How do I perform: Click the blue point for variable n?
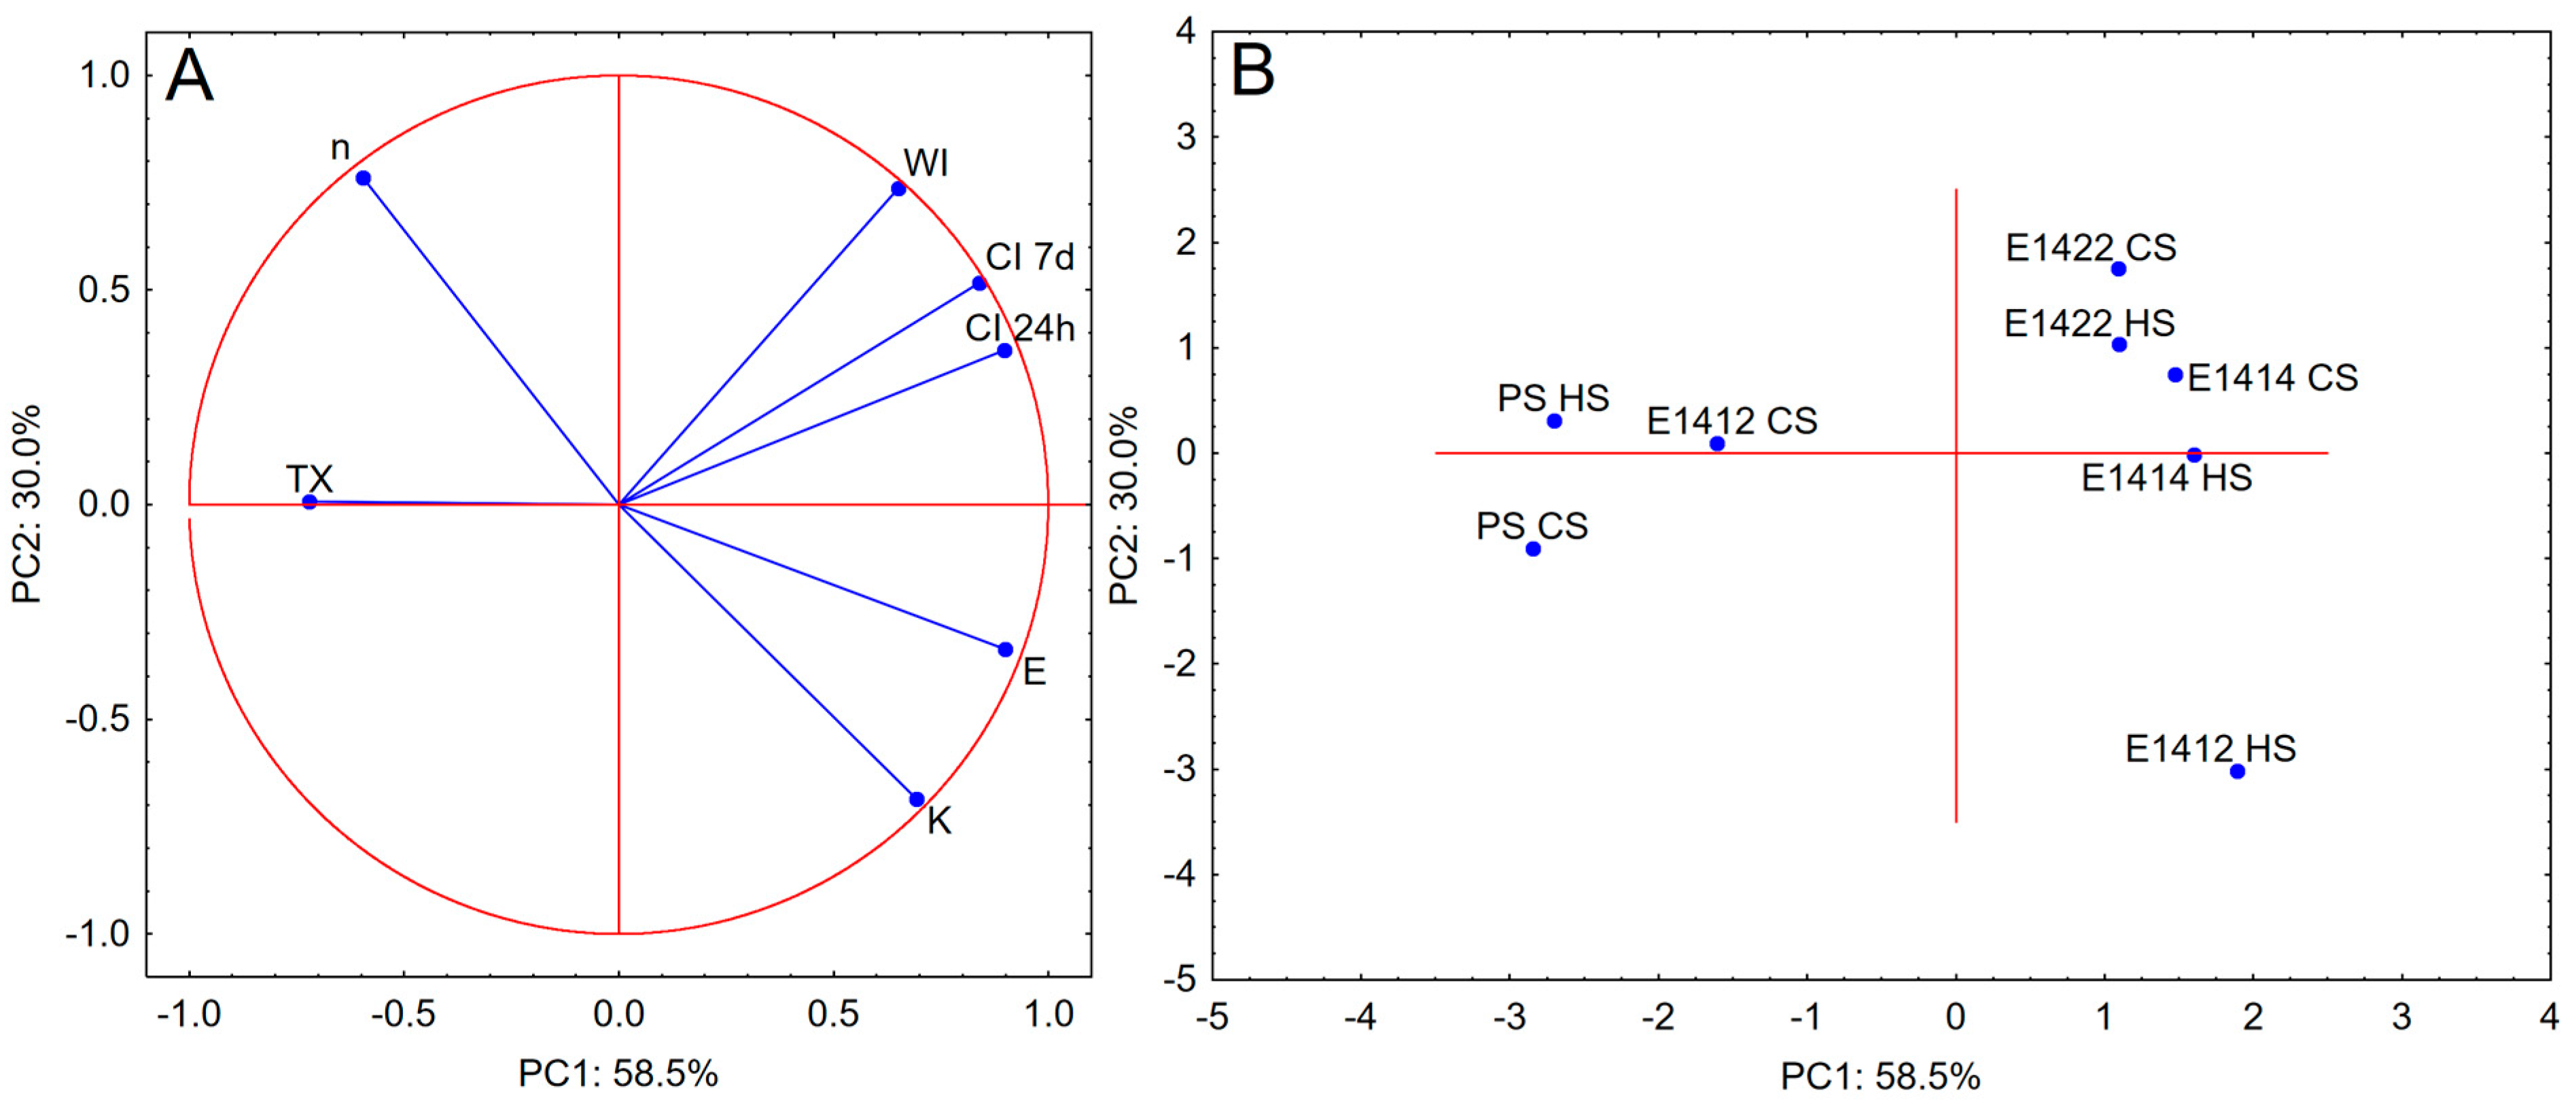(364, 179)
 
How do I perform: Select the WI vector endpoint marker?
(898, 189)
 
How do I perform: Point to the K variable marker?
(917, 799)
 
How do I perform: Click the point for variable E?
(1006, 650)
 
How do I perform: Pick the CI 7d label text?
(1029, 257)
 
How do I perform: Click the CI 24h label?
(1019, 329)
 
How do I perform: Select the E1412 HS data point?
(2238, 772)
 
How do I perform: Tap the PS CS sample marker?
(1534, 549)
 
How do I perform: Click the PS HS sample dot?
(1555, 421)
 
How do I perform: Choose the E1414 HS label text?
(2166, 478)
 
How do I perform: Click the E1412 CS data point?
(1717, 444)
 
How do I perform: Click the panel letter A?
(190, 76)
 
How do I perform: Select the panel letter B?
(1253, 71)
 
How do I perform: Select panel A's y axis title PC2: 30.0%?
(27, 504)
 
